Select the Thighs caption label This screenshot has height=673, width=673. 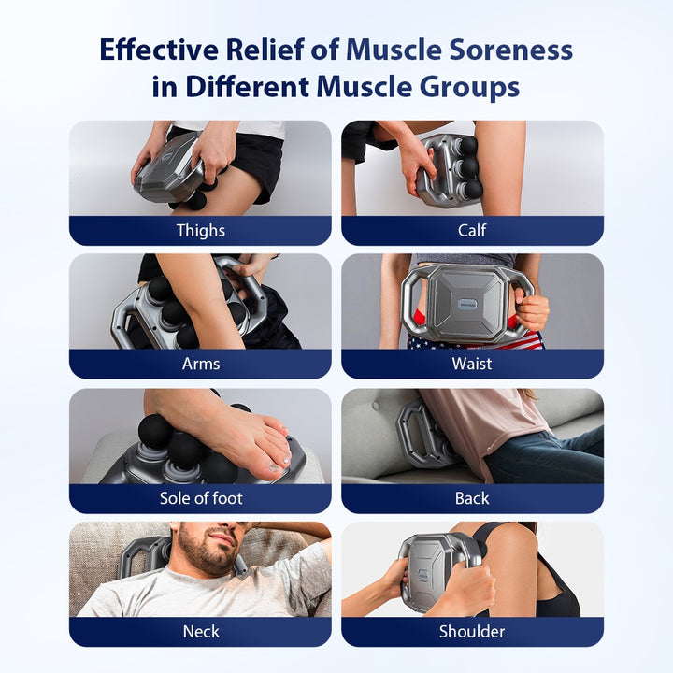(200, 231)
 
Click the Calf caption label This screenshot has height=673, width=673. (472, 231)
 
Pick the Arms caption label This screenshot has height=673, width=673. (200, 364)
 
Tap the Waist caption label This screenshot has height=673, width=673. (472, 364)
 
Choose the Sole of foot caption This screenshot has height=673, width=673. (200, 498)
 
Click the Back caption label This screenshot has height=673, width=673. (472, 498)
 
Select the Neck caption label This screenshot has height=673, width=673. (200, 632)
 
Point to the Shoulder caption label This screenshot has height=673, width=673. (472, 632)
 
